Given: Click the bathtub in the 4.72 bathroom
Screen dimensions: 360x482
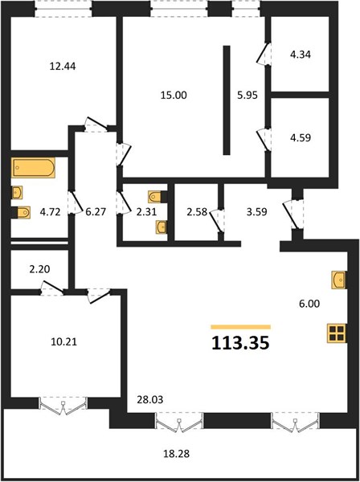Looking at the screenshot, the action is point(34,168).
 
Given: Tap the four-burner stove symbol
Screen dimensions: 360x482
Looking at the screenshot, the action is point(337,333).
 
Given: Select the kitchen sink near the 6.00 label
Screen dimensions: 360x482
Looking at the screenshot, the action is point(339,280).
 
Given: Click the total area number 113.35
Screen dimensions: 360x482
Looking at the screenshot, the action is point(240,343).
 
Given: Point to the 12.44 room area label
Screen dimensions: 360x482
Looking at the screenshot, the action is point(63,66).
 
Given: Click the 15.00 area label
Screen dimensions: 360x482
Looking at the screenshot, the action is point(174,95).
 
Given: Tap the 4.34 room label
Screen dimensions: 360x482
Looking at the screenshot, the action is point(301,55).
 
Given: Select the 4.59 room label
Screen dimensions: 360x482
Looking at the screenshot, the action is point(301,137).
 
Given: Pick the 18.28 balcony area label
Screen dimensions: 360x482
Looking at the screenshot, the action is point(177,453).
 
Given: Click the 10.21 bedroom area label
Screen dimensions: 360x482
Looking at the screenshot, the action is point(63,341).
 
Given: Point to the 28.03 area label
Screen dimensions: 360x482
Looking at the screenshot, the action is point(150,399).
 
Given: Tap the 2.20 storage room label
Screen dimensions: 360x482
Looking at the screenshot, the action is point(39,269).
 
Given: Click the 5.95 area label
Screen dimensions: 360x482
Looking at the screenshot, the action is point(247,95).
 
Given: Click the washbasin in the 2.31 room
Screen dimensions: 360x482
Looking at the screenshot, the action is point(162,227).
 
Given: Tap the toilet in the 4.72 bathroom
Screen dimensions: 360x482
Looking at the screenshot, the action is point(22,212).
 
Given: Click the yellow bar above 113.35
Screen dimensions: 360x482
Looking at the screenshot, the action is point(241,327).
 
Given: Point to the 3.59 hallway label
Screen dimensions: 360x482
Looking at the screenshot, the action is point(256,212).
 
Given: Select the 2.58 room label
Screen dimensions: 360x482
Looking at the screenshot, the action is point(197,212).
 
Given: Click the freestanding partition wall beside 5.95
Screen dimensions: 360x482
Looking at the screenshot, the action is point(227,100).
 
